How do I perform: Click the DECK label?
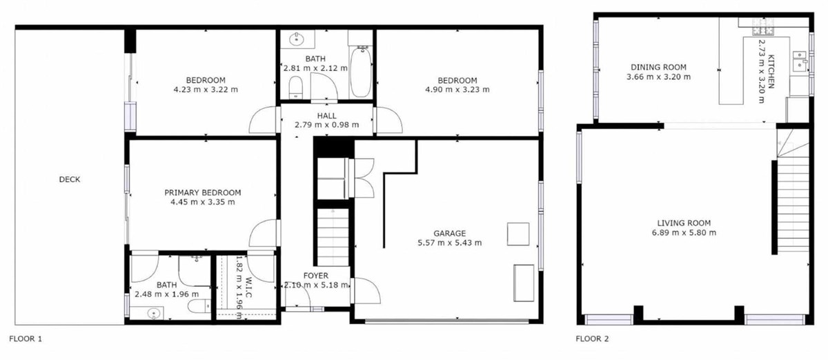point(70,179)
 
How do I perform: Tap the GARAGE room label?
point(449,233)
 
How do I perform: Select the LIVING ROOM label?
point(684,223)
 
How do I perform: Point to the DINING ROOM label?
point(658,67)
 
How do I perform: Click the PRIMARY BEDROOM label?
point(203,192)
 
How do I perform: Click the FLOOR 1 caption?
point(26,339)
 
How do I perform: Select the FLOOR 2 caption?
point(592,339)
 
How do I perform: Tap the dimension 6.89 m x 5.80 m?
point(684,232)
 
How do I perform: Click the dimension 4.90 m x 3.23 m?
point(457,89)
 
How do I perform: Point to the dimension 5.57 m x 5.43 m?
point(449,243)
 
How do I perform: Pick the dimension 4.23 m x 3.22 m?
point(206,89)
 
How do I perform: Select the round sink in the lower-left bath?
point(152,314)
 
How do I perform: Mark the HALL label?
point(327,115)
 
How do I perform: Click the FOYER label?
point(315,276)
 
